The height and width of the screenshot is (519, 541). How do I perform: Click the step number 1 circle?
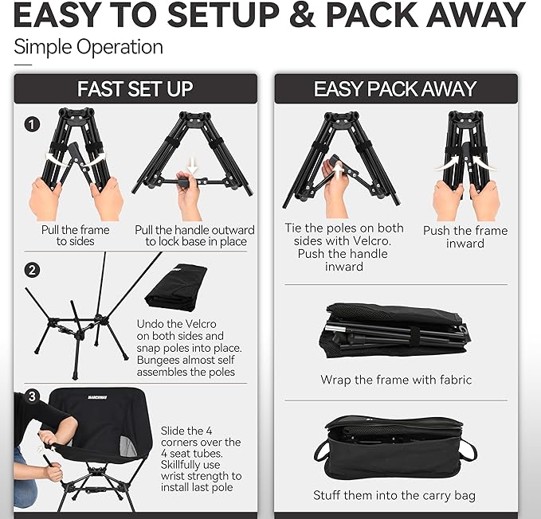pyautogui.click(x=32, y=124)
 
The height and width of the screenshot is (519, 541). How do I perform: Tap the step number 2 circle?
pyautogui.click(x=32, y=270)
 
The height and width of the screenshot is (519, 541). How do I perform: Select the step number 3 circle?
pyautogui.click(x=32, y=396)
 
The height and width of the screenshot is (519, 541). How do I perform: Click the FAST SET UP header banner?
pyautogui.click(x=135, y=88)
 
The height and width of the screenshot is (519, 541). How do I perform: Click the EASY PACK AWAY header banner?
pyautogui.click(x=395, y=88)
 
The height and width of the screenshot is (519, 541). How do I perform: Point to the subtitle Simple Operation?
pyautogui.click(x=88, y=47)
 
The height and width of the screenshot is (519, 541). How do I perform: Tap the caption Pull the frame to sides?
pyautogui.click(x=76, y=236)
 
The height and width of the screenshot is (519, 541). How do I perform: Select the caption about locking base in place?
pyautogui.click(x=191, y=236)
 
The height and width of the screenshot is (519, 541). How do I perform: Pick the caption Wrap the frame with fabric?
pyautogui.click(x=396, y=380)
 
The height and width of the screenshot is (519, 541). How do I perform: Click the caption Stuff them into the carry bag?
pyautogui.click(x=396, y=495)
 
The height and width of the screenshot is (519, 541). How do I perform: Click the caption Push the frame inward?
pyautogui.click(x=465, y=236)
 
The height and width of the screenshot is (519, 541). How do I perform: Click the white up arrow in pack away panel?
pyautogui.click(x=338, y=169)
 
